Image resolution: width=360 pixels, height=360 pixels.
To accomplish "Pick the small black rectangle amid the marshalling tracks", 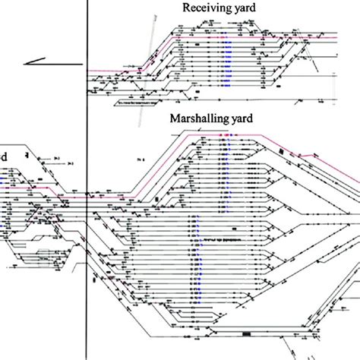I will coord(158,199).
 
